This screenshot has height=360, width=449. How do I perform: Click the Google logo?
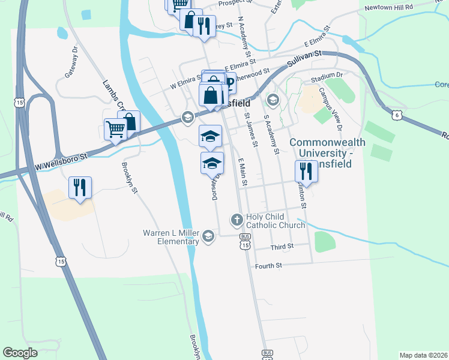click(20, 353)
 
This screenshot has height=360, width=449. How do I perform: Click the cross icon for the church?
click(237, 220)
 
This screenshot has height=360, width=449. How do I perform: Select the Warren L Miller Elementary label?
click(170, 237)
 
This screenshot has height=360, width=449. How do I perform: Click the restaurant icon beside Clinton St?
click(307, 172)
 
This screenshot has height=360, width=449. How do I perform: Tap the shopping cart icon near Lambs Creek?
click(115, 128)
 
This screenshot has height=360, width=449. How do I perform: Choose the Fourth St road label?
click(268, 266)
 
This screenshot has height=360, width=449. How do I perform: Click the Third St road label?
click(282, 247)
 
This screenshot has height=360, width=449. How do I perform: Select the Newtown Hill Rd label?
click(389, 7)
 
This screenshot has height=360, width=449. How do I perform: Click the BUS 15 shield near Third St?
click(244, 240)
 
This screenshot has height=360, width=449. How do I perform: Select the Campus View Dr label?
click(331, 109)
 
